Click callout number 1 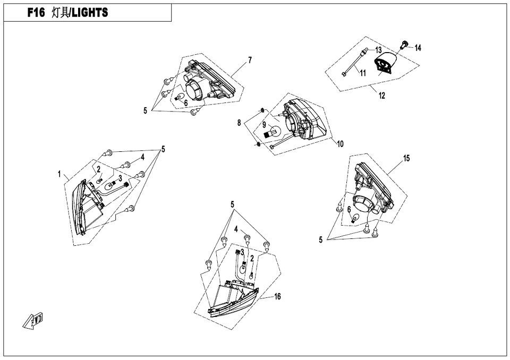(x=61, y=174)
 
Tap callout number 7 (x=250, y=60)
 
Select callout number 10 (x=340, y=143)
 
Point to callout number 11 (x=362, y=73)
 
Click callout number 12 (x=382, y=96)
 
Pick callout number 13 (x=378, y=50)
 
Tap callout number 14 (x=418, y=48)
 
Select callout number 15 (x=406, y=158)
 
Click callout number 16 (x=278, y=297)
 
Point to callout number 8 (x=239, y=123)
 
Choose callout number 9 (x=263, y=125)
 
